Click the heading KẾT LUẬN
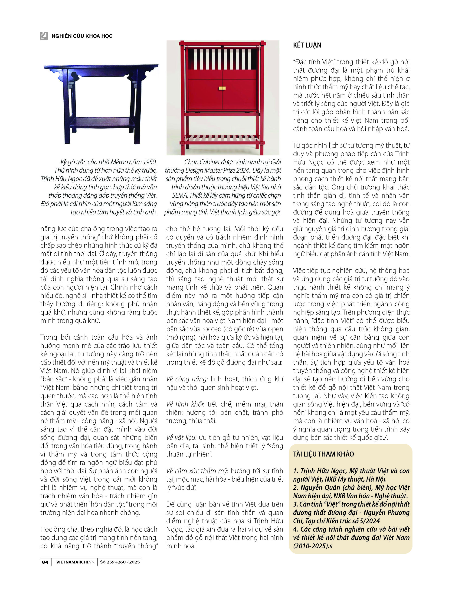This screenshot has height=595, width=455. tap(307, 45)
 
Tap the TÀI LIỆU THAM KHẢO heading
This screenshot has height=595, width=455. tap(323, 454)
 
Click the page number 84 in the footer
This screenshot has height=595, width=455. tap(45, 562)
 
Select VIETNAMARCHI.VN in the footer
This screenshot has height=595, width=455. tap(75, 562)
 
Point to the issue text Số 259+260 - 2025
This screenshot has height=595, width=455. tap(120, 562)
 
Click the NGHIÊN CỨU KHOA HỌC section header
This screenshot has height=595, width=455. tap(82, 36)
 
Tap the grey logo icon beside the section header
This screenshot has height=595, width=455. tap(44, 36)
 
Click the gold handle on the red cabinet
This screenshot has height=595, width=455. tap(222, 88)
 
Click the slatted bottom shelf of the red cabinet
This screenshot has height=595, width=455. tap(222, 138)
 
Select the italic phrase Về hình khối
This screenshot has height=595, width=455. tap(185, 404)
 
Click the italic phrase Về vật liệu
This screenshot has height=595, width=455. tap(183, 438)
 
